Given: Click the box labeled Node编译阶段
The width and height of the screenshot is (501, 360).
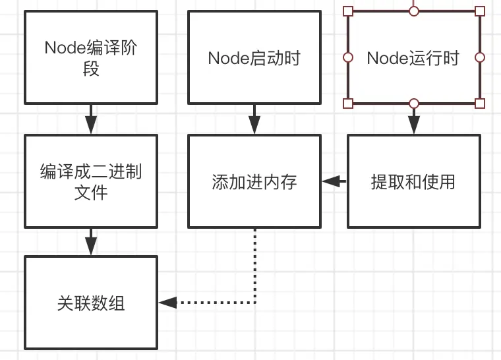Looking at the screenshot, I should point(91,57).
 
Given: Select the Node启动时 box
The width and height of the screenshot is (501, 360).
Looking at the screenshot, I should point(254,57).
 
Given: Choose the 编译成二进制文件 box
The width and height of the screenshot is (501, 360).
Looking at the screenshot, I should point(91,182).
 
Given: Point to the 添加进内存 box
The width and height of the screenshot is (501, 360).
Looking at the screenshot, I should point(254,182).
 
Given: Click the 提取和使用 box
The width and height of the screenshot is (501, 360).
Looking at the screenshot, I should point(413,182).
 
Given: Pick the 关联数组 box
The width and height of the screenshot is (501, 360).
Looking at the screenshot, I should point(91,303).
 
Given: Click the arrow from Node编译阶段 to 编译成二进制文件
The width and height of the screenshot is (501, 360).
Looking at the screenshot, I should point(91,120).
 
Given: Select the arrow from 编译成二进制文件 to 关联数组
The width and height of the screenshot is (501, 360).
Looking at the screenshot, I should point(91,242).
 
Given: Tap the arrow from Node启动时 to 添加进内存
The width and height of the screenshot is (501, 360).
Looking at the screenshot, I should point(254,120).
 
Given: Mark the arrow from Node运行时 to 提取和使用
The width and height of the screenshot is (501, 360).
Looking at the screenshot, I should point(413,120).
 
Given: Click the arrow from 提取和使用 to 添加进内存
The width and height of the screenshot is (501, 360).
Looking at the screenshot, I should point(334,181).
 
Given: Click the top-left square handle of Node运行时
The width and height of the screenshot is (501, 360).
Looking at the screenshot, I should point(348,11).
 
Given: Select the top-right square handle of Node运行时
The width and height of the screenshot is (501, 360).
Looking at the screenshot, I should point(480,11).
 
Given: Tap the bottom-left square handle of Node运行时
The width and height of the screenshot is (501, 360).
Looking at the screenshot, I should point(348,103).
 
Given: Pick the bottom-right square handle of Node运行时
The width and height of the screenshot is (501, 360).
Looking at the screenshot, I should point(480,103).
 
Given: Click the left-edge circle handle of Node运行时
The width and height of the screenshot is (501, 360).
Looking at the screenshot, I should point(348,57).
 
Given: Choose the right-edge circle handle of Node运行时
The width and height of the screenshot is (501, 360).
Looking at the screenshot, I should point(480,57).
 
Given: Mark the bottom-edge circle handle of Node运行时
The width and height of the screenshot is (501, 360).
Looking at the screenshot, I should point(413,103).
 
